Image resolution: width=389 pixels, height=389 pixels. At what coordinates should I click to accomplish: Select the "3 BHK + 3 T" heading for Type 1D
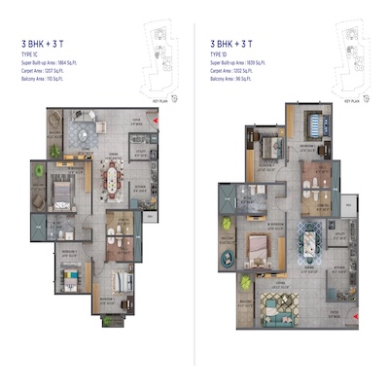pyautogui.click(x=230, y=44)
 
